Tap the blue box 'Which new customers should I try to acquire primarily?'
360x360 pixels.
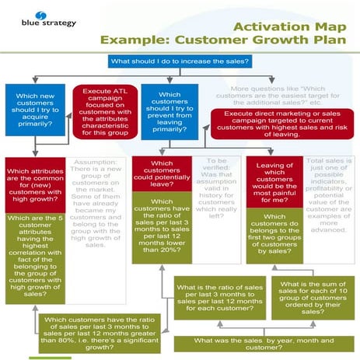point(33,111)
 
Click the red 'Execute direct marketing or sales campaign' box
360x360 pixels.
point(282,124)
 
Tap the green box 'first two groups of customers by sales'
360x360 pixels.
point(274,233)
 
